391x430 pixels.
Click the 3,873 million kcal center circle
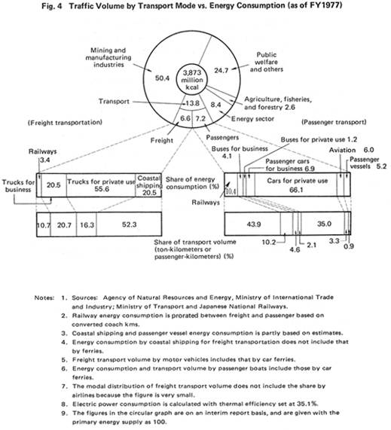(x=192, y=80)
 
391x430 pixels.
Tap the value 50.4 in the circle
(x=162, y=78)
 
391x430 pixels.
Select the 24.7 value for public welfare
(x=221, y=71)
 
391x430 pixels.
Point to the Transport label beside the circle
(x=114, y=102)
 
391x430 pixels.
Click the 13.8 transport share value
(x=192, y=103)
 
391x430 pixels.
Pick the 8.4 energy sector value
(x=215, y=105)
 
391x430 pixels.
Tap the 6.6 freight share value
(x=185, y=118)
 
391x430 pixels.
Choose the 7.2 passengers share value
(x=200, y=118)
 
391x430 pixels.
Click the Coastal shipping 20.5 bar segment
(x=148, y=185)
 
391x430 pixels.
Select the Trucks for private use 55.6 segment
(x=101, y=185)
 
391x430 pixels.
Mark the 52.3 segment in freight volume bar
(x=129, y=224)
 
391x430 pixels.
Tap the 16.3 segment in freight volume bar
(x=87, y=224)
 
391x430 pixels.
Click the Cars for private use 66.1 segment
(x=296, y=185)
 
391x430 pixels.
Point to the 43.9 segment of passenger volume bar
(x=252, y=224)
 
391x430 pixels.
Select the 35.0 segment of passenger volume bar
(x=323, y=224)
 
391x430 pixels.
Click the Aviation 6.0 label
(x=352, y=150)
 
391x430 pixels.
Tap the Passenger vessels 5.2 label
(x=368, y=163)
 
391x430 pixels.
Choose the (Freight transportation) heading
(x=65, y=122)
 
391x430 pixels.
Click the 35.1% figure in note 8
(x=307, y=404)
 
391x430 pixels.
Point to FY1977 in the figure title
(x=325, y=5)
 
